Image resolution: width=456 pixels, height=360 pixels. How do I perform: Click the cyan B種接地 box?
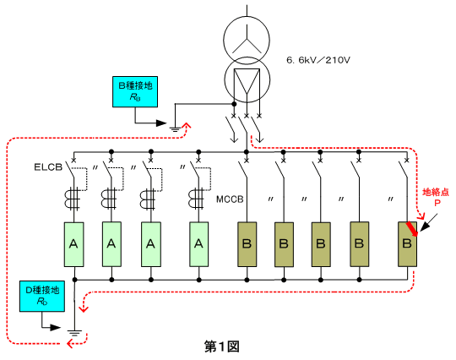(x=135, y=91)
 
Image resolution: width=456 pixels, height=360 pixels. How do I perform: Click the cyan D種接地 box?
(x=42, y=297)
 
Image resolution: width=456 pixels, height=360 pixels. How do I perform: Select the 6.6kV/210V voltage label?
(x=318, y=60)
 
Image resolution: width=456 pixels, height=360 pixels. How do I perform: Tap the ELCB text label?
(x=48, y=167)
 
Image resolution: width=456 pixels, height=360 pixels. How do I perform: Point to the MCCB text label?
(x=230, y=199)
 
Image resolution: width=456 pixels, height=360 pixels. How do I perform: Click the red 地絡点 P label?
(x=436, y=197)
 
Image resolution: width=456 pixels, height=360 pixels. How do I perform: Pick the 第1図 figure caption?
(x=222, y=346)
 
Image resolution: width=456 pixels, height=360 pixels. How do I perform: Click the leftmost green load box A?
(x=73, y=244)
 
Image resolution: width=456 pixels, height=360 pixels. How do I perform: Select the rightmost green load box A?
(x=199, y=244)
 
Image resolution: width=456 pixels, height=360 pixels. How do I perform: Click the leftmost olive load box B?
(x=247, y=244)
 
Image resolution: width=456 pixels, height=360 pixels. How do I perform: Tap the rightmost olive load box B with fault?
(x=407, y=244)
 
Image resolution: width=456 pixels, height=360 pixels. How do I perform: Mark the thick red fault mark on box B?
(x=412, y=229)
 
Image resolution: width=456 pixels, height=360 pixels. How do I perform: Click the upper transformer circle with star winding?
(x=247, y=40)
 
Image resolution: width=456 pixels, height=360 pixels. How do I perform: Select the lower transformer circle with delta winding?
(x=247, y=79)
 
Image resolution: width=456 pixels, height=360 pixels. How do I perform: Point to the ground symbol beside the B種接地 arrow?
(x=175, y=129)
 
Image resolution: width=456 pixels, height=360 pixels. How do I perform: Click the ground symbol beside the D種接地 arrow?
(x=75, y=333)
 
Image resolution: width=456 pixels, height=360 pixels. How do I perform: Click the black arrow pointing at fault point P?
(x=428, y=222)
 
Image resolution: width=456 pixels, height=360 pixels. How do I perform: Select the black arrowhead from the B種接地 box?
(x=160, y=123)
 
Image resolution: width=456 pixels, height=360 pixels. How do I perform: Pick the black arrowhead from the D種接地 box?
(x=55, y=327)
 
